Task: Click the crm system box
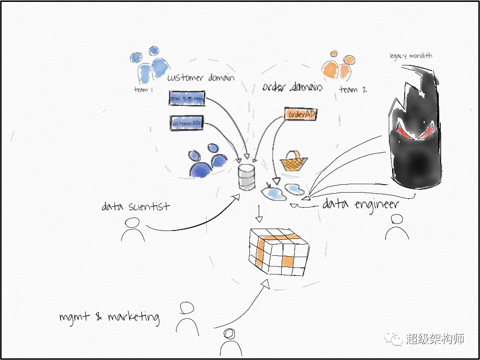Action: tap(187, 99)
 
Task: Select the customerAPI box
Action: tap(186, 123)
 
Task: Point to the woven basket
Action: tap(293, 161)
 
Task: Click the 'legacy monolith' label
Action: tap(411, 56)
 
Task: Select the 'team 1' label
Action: tap(143, 89)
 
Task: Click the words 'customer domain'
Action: tap(201, 78)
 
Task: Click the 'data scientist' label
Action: tap(136, 206)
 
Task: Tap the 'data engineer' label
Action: tap(360, 204)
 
